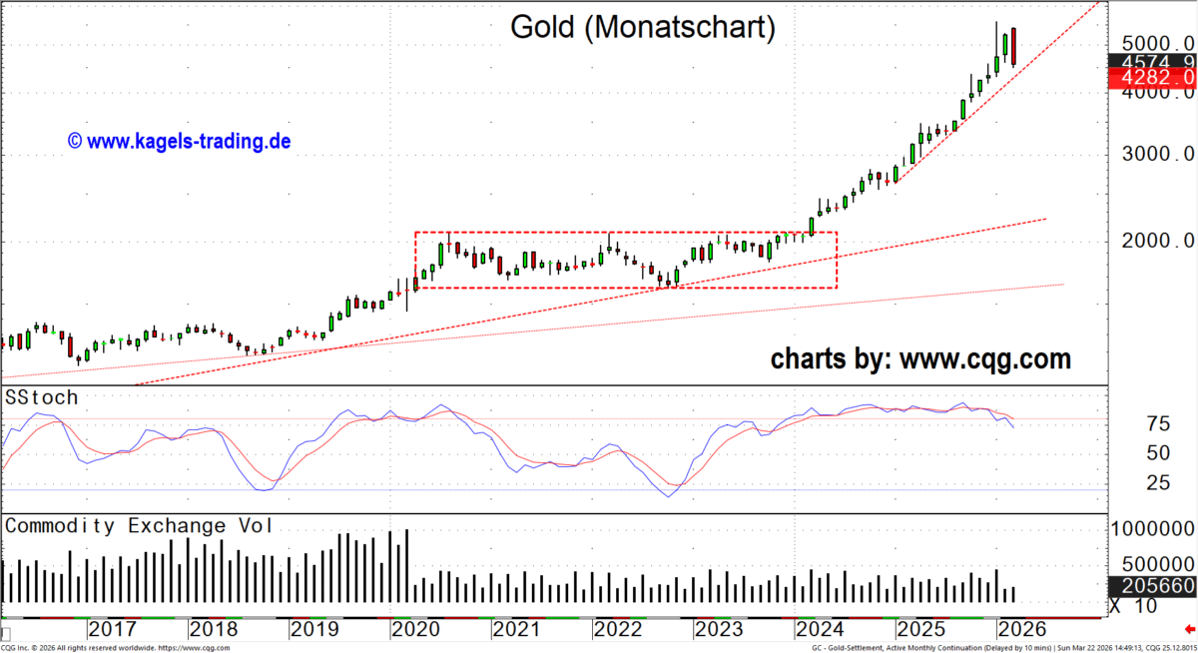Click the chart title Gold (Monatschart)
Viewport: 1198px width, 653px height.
click(x=643, y=27)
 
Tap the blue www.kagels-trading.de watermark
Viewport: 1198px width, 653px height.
click(x=179, y=142)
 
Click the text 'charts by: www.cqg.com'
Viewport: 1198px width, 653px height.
click(x=920, y=358)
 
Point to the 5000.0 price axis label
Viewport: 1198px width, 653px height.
click(x=1155, y=44)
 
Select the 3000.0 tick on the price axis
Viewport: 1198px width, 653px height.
click(x=1155, y=155)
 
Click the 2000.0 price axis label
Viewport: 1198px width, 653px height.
click(x=1155, y=241)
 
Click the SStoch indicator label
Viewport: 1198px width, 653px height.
click(x=41, y=397)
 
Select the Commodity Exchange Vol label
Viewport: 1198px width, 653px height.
click(x=139, y=526)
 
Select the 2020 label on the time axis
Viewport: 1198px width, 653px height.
click(x=417, y=630)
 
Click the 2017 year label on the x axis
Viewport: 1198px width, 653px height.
click(x=112, y=630)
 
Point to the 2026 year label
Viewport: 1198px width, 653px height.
click(x=1021, y=630)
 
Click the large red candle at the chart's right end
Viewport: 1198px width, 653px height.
click(x=1014, y=48)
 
